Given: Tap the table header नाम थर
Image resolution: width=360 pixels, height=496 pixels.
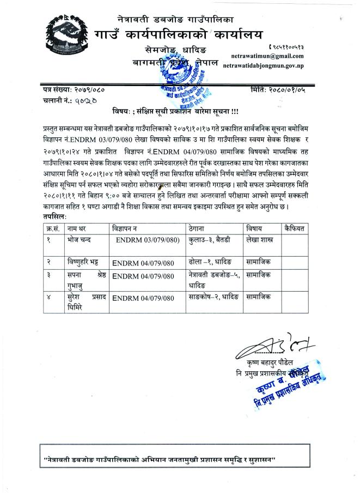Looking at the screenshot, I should [77, 226].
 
